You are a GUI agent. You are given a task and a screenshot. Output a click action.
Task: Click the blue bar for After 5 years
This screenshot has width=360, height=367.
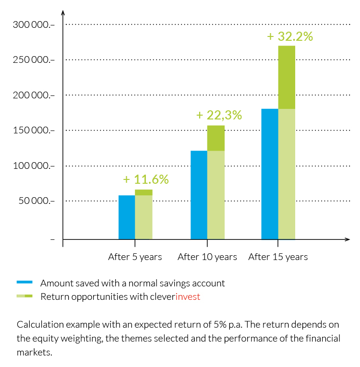pyautogui.click(x=127, y=217)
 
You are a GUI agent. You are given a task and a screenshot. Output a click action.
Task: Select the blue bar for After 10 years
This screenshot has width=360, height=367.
pyautogui.click(x=199, y=195)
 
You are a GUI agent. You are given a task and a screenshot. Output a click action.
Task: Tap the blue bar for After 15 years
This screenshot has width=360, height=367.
pyautogui.click(x=270, y=174)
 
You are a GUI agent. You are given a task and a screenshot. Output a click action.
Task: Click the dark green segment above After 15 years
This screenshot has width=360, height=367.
pyautogui.click(x=287, y=77)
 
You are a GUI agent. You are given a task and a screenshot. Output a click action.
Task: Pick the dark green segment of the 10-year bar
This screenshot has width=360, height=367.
pyautogui.click(x=216, y=138)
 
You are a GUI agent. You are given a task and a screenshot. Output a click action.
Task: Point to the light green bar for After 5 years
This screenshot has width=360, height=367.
pyautogui.click(x=144, y=217)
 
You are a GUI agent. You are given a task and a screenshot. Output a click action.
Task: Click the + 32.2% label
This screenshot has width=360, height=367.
pyautogui.click(x=290, y=36)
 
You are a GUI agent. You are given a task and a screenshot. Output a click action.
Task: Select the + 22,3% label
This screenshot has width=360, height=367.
pyautogui.click(x=219, y=115)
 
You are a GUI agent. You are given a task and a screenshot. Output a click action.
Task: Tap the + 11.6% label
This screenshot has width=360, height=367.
pyautogui.click(x=146, y=179)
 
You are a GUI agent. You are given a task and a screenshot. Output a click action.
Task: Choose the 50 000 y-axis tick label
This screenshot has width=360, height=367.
pyautogui.click(x=35, y=201)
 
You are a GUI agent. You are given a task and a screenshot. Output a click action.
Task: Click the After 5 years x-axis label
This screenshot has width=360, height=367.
pyautogui.click(x=135, y=257)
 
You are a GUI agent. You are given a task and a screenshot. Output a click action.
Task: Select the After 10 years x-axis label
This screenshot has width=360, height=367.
pyautogui.click(x=207, y=257)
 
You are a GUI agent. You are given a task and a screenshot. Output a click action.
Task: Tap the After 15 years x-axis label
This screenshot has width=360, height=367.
pyautogui.click(x=278, y=257)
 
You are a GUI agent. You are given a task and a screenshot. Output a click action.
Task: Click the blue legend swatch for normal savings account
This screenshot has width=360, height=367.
pyautogui.click(x=24, y=283)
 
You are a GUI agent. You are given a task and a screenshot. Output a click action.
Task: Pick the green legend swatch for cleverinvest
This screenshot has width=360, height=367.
pyautogui.click(x=24, y=296)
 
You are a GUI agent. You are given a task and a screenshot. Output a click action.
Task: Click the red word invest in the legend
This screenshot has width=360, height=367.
pyautogui.click(x=188, y=296)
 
